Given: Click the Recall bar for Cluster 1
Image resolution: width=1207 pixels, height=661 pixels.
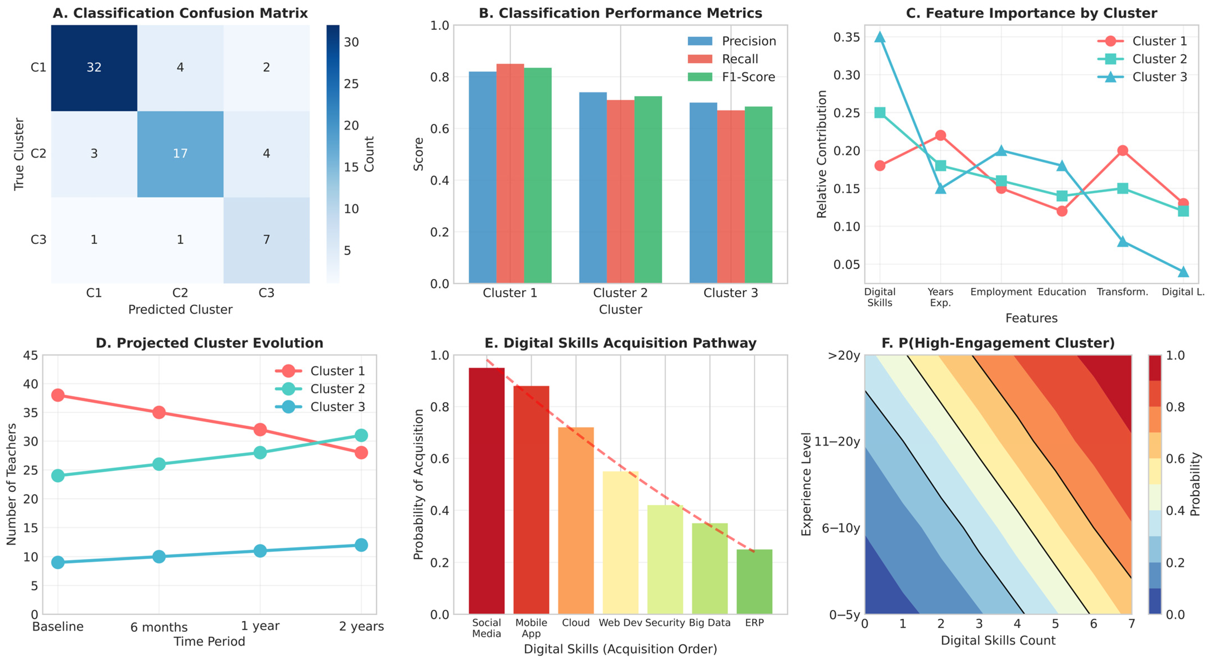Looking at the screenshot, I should tap(510, 174).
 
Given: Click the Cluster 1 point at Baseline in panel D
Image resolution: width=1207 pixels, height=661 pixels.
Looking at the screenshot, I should tap(58, 395).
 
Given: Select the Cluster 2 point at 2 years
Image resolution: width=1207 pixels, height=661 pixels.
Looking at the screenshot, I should tap(361, 436).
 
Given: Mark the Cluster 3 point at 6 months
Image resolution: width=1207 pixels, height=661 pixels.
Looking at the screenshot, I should tap(159, 556).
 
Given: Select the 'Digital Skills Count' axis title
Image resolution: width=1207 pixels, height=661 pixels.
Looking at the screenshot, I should tap(998, 640).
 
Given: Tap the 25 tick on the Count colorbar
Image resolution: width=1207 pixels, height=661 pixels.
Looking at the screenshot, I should tap(351, 84).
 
